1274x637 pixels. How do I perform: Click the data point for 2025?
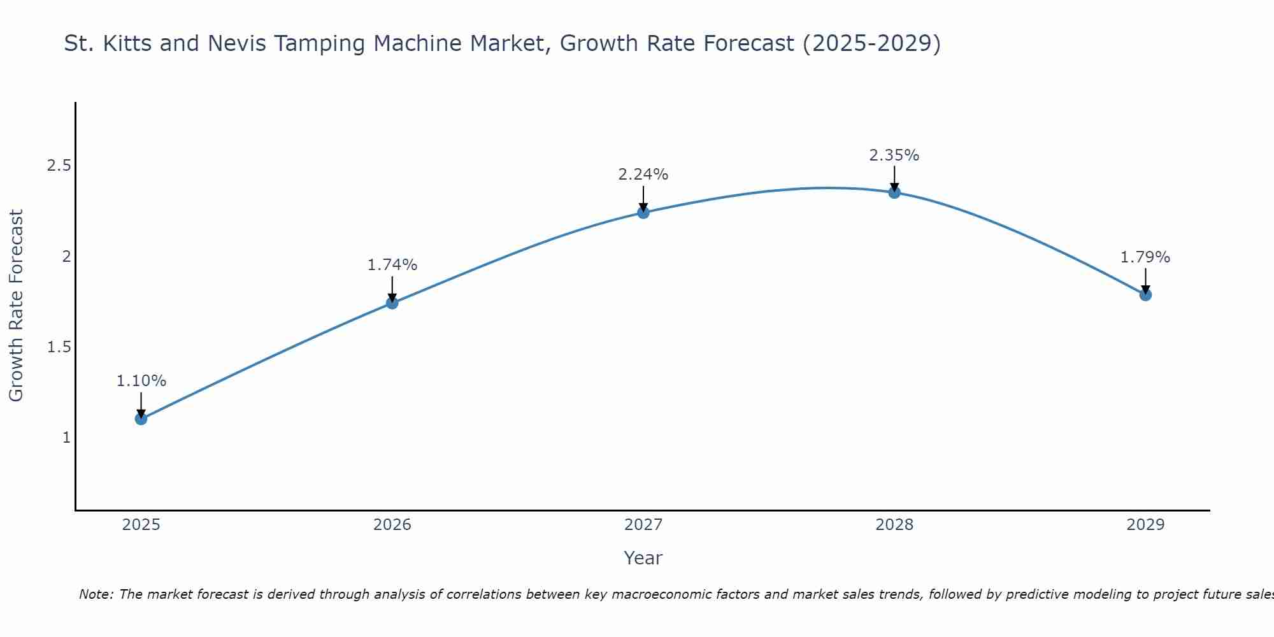click(x=141, y=419)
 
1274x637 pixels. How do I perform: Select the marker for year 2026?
click(x=392, y=303)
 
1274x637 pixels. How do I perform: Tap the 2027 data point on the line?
click(x=643, y=212)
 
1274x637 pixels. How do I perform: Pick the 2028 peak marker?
click(x=894, y=192)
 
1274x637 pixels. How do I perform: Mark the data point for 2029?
click(x=1145, y=294)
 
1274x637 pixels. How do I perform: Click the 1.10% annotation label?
click(x=141, y=381)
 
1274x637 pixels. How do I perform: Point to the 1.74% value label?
click(x=392, y=265)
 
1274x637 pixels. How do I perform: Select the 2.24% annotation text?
click(x=643, y=175)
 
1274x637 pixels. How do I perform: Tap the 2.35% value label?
click(x=894, y=155)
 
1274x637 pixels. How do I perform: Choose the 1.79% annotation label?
click(x=1145, y=257)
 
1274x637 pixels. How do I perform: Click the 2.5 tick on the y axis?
click(x=59, y=166)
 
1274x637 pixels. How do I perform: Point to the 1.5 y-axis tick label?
click(x=59, y=347)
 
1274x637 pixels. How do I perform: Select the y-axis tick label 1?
click(x=66, y=438)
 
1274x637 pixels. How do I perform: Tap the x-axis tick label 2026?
click(x=392, y=525)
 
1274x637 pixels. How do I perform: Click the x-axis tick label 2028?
click(x=894, y=525)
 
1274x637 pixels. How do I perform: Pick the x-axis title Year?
click(x=643, y=558)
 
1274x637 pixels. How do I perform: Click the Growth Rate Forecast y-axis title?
click(x=16, y=306)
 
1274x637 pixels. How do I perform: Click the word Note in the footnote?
click(x=96, y=594)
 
